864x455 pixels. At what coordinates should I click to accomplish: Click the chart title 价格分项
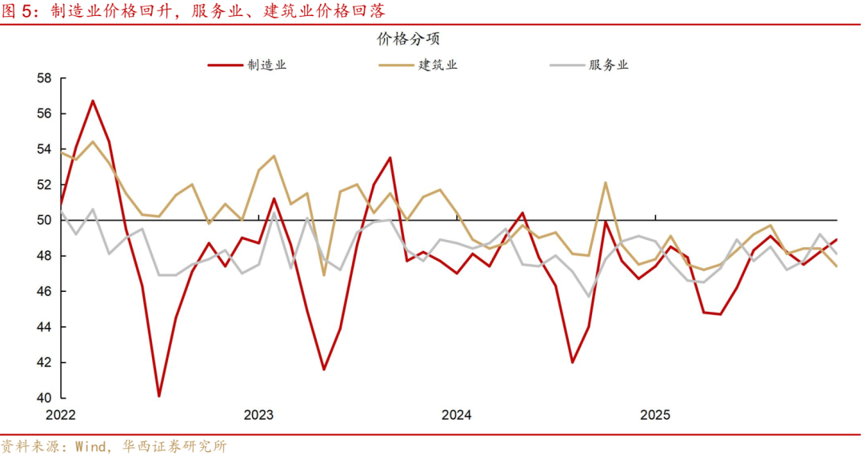tap(408, 39)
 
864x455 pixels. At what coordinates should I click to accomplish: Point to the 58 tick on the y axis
tap(44, 78)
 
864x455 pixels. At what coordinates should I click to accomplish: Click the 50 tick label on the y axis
tap(44, 221)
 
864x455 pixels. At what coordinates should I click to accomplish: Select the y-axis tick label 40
tap(44, 398)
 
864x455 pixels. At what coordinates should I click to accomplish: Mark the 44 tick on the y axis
tap(44, 327)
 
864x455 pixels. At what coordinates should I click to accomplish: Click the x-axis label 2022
tap(61, 415)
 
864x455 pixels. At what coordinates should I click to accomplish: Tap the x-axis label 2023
tap(258, 415)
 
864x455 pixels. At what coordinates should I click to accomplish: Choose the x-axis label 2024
tap(457, 415)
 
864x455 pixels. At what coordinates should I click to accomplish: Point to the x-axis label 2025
tap(655, 415)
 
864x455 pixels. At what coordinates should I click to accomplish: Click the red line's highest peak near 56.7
tap(93, 101)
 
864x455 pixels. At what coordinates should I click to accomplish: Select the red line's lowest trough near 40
tap(159, 396)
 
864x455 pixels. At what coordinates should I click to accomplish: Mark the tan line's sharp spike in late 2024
tap(605, 183)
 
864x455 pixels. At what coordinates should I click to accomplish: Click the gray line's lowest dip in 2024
tap(589, 297)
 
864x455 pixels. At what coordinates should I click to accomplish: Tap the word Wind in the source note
tap(90, 446)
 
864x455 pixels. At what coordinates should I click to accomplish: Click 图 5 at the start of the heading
tap(19, 11)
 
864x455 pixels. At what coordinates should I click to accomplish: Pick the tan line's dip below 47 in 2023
tap(324, 275)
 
